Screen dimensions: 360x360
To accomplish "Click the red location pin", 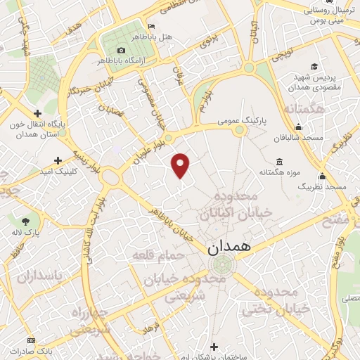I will click(181, 165).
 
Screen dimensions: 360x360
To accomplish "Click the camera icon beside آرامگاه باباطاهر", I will click(122, 50).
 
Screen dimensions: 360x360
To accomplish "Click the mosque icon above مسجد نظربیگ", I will click(323, 176).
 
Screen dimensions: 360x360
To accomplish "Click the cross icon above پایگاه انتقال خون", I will click(37, 112).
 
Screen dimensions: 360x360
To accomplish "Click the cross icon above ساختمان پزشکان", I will click(214, 345).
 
